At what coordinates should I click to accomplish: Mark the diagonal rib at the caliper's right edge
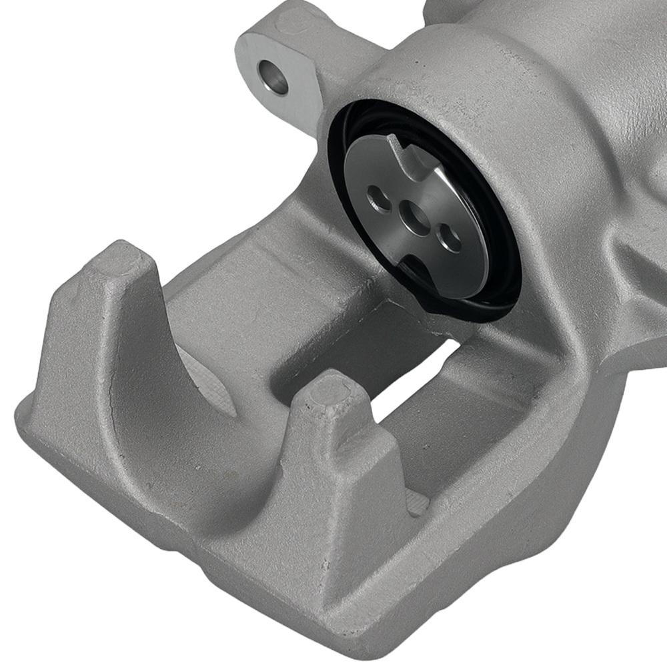coord(634,267)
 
